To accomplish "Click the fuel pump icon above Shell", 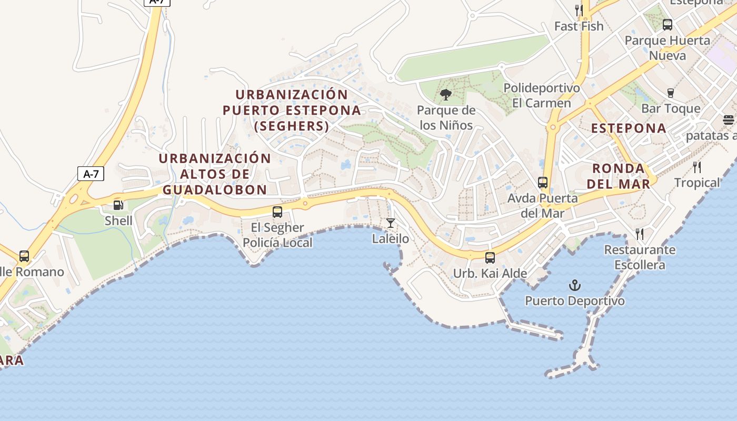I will [118, 205].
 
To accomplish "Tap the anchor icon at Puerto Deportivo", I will [575, 286].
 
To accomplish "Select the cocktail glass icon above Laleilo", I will [390, 223].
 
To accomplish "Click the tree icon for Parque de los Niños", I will [446, 95].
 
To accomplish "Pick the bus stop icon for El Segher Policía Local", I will [277, 212].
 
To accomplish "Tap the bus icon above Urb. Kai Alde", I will [490, 258].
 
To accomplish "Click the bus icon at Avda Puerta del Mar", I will [543, 183].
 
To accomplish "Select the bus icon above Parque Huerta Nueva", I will [668, 24].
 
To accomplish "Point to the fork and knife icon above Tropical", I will [697, 167].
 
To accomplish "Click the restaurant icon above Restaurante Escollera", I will [640, 234].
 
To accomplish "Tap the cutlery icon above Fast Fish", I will [579, 10].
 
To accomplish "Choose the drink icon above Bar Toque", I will [670, 93].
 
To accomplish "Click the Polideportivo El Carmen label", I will [542, 95].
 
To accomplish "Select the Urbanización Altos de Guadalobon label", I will [215, 174].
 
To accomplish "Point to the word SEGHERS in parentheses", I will [291, 126].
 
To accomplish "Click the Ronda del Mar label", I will [619, 176].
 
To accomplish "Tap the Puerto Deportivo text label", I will [575, 301].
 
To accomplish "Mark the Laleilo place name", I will [390, 239].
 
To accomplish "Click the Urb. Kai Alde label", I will [490, 274].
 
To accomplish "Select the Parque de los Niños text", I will [446, 118].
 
